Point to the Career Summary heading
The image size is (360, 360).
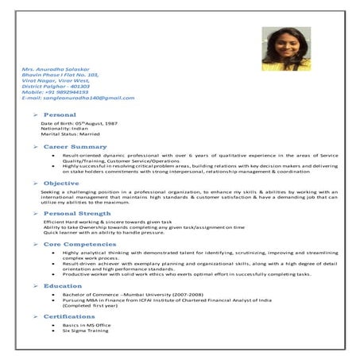click(75, 147)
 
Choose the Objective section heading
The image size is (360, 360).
click(61, 184)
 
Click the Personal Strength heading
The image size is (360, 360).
click(77, 214)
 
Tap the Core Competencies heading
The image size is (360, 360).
click(79, 244)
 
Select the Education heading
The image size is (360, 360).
click(63, 285)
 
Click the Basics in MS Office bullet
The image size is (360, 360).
click(87, 325)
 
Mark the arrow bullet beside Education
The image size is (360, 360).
click(36, 285)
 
